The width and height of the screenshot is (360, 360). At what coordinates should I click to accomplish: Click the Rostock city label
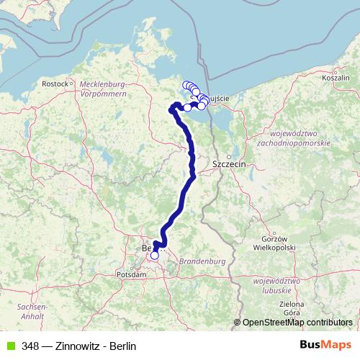54,84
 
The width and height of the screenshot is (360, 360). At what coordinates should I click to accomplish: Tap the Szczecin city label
230,164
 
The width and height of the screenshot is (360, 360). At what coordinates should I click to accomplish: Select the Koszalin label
336,77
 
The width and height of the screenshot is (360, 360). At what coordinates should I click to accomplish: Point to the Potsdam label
133,274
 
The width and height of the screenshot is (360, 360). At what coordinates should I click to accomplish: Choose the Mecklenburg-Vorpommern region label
104,89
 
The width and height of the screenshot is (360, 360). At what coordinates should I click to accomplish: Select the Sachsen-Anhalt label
34,312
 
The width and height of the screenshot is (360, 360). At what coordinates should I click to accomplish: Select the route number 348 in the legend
30,346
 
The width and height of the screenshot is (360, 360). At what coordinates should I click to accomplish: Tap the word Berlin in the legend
122,346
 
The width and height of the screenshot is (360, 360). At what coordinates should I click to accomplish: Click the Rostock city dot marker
73,84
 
